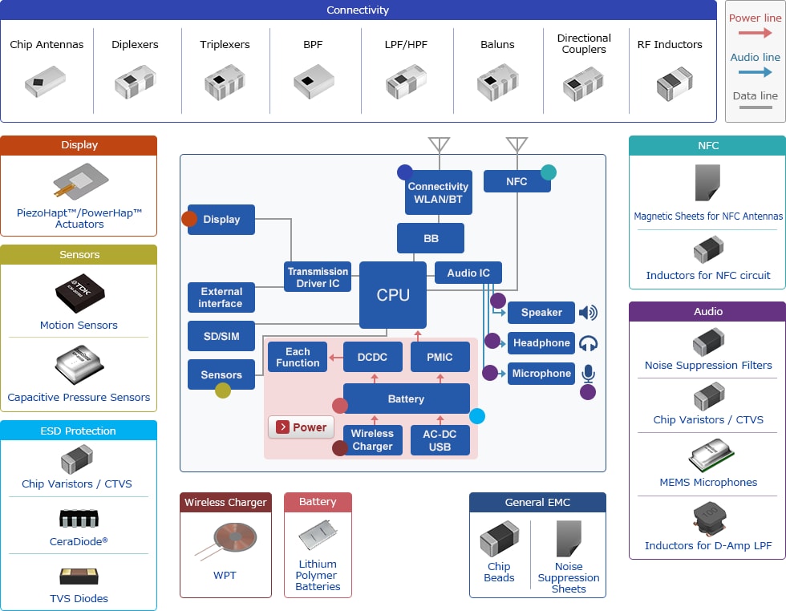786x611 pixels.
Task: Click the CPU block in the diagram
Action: click(392, 295)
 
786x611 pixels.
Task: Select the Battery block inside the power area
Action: click(406, 399)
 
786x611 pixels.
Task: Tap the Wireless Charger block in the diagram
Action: click(372, 439)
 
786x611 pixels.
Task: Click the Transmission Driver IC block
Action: click(318, 277)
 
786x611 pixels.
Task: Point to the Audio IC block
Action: click(468, 273)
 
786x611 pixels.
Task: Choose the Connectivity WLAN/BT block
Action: click(438, 192)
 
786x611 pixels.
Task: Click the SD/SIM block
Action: click(221, 336)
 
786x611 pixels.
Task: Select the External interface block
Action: click(221, 297)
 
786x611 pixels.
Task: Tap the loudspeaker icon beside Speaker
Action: click(588, 313)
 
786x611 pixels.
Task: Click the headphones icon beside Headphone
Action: click(588, 343)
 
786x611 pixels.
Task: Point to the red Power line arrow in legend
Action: click(755, 33)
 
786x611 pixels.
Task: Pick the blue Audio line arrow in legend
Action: click(755, 71)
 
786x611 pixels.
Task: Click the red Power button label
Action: click(301, 427)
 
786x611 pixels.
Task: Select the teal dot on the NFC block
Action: click(549, 172)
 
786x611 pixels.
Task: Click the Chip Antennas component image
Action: click(46, 81)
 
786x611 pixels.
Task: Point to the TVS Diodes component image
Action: click(79, 576)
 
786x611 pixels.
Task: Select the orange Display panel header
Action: click(79, 145)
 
